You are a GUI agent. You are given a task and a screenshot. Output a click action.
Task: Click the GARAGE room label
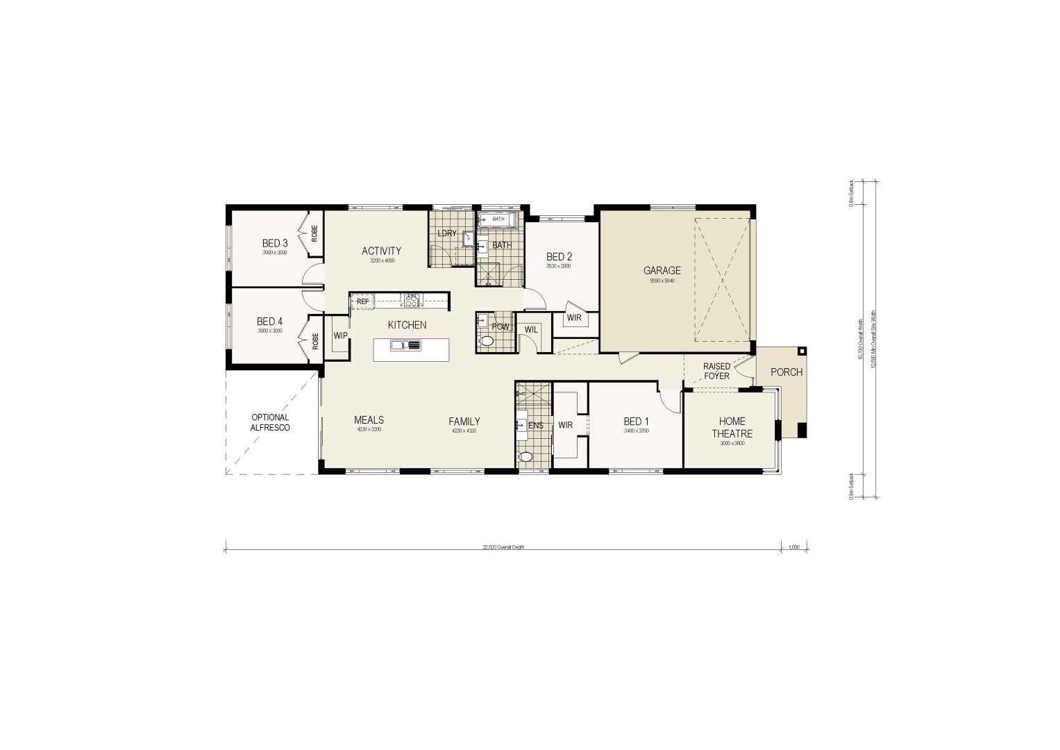click(662, 271)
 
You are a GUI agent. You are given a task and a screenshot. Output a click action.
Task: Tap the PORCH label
click(786, 372)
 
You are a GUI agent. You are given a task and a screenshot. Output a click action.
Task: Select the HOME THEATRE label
click(732, 427)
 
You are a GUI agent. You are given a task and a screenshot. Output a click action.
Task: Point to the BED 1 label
click(636, 422)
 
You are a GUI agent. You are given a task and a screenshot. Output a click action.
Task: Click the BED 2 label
click(559, 257)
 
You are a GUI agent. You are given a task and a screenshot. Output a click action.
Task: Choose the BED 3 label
click(275, 244)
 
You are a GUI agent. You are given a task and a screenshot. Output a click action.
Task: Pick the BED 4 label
click(269, 322)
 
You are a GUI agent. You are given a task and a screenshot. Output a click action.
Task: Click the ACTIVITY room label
click(381, 251)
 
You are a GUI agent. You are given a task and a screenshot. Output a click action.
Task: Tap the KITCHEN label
click(407, 325)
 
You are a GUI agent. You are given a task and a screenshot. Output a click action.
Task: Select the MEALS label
click(369, 420)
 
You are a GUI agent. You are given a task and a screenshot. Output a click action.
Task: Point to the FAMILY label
click(464, 422)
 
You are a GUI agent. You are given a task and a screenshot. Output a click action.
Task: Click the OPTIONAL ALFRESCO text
click(270, 423)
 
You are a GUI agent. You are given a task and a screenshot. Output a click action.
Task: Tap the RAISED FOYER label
click(716, 371)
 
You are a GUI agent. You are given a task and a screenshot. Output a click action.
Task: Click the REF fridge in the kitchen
click(362, 301)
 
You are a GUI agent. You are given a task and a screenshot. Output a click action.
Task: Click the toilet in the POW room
click(487, 341)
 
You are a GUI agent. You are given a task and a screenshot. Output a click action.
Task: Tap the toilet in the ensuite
click(525, 457)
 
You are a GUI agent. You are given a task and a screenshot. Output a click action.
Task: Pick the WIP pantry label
click(340, 335)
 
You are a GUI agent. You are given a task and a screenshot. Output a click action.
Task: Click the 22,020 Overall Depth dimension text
click(503, 547)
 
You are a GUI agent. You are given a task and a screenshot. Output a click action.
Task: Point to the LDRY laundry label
click(447, 233)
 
